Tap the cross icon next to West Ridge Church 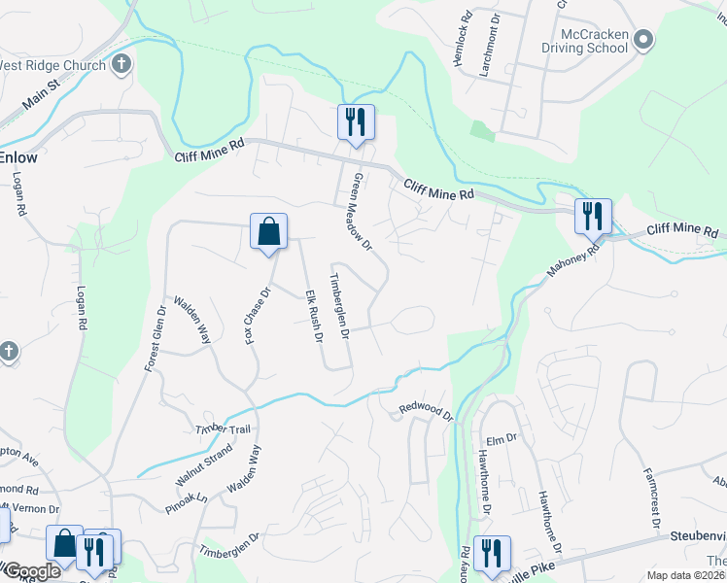(121, 65)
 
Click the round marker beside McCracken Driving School (642, 40)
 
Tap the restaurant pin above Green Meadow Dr (355, 122)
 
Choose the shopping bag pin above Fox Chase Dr (268, 232)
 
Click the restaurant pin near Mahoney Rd (592, 216)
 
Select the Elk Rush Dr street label (313, 316)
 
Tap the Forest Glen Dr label (155, 339)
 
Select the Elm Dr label (499, 439)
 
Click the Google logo (31, 571)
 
